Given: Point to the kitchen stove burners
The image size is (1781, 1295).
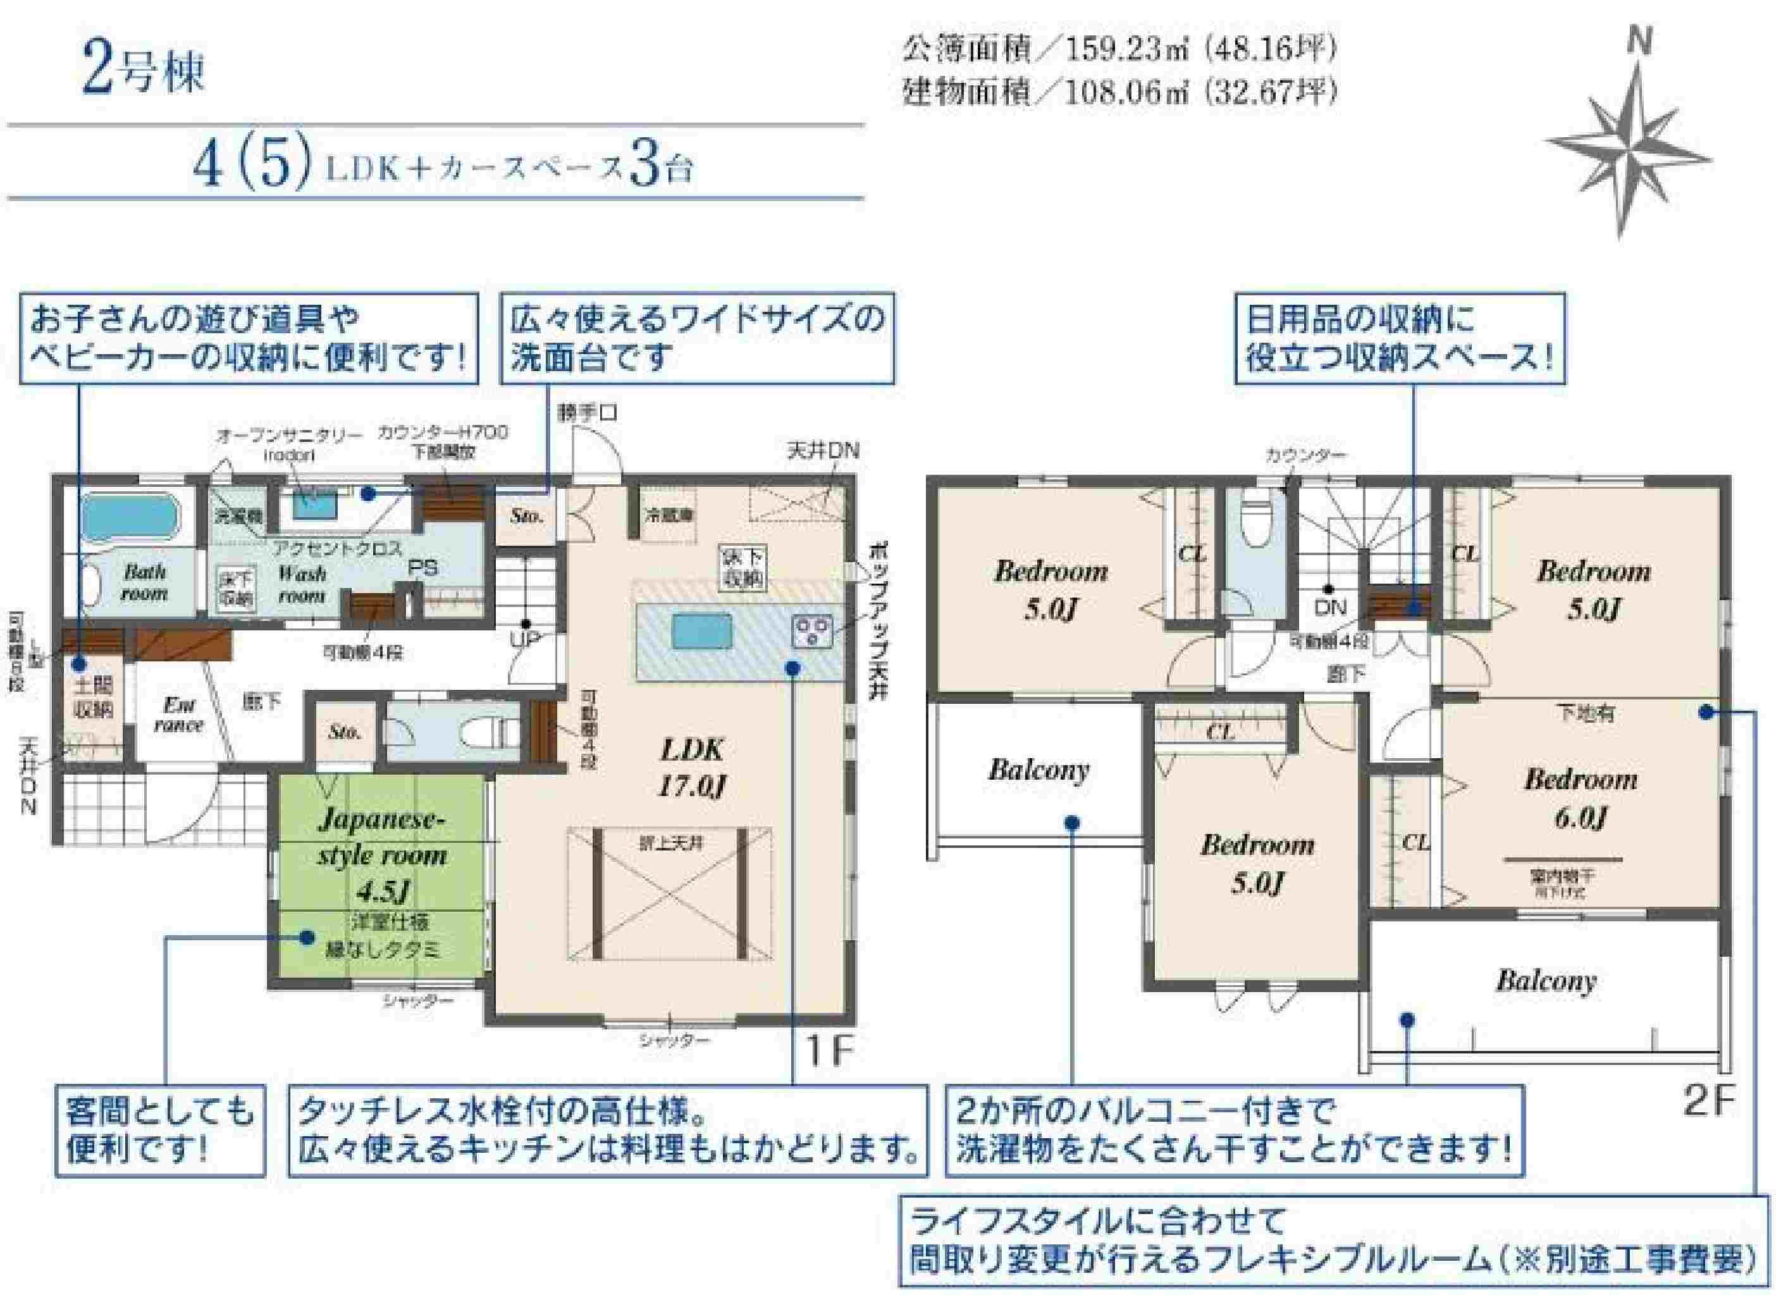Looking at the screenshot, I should coord(813,630).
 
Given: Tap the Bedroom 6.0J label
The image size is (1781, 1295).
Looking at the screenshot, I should coord(1581,798).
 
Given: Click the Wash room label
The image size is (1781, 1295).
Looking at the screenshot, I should coord(302,584).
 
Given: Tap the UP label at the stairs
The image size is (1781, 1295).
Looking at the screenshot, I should coord(524,640).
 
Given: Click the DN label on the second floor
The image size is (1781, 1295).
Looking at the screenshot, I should coord(1330,606).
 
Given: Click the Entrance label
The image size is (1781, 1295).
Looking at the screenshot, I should coord(178,714).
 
